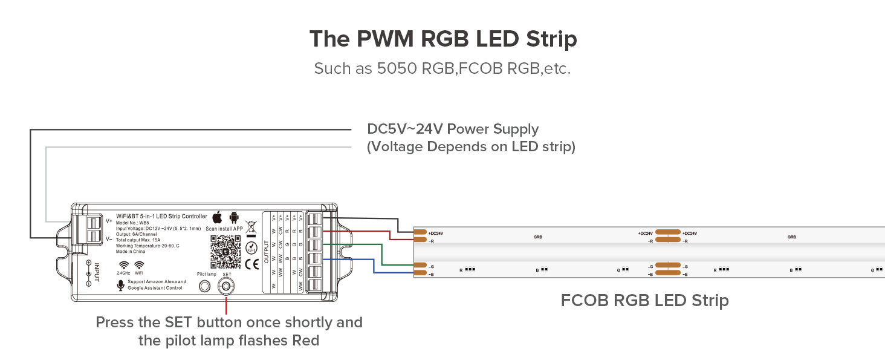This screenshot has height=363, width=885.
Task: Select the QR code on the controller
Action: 225,252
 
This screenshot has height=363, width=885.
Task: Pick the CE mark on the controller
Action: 251,264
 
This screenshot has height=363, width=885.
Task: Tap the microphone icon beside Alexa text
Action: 120,284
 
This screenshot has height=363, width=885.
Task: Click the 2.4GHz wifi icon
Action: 123,265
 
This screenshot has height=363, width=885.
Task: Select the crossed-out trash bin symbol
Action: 251,229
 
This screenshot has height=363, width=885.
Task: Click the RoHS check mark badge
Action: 251,247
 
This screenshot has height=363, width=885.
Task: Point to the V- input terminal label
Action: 109,238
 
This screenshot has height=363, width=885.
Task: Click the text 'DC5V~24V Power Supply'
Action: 453,129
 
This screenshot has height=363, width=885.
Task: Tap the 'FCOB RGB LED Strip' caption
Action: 644,300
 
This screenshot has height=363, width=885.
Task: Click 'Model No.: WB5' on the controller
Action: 132,222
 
